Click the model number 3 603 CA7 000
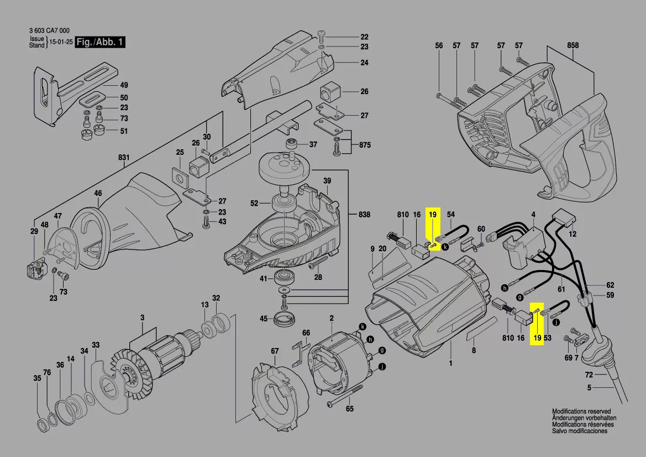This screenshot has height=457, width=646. click(x=49, y=32)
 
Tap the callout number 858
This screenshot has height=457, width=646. click(x=573, y=46)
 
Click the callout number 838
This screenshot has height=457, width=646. click(x=364, y=214)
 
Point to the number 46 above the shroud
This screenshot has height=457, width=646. click(x=98, y=194)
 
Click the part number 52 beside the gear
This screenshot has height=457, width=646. click(x=254, y=204)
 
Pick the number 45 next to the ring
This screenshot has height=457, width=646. click(x=264, y=318)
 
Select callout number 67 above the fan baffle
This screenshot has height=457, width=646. click(x=275, y=351)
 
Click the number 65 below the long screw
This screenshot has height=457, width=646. click(x=350, y=409)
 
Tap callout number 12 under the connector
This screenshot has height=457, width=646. click(x=573, y=235)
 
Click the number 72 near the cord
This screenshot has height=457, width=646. click(x=590, y=375)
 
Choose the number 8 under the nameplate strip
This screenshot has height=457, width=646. click(x=474, y=350)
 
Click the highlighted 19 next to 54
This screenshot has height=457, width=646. click(x=433, y=214)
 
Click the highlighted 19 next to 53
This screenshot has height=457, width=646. click(x=537, y=337)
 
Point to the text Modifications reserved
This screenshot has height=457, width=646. click(x=581, y=412)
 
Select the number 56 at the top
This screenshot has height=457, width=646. click(x=439, y=46)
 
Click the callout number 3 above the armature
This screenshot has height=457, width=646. click(x=142, y=318)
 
